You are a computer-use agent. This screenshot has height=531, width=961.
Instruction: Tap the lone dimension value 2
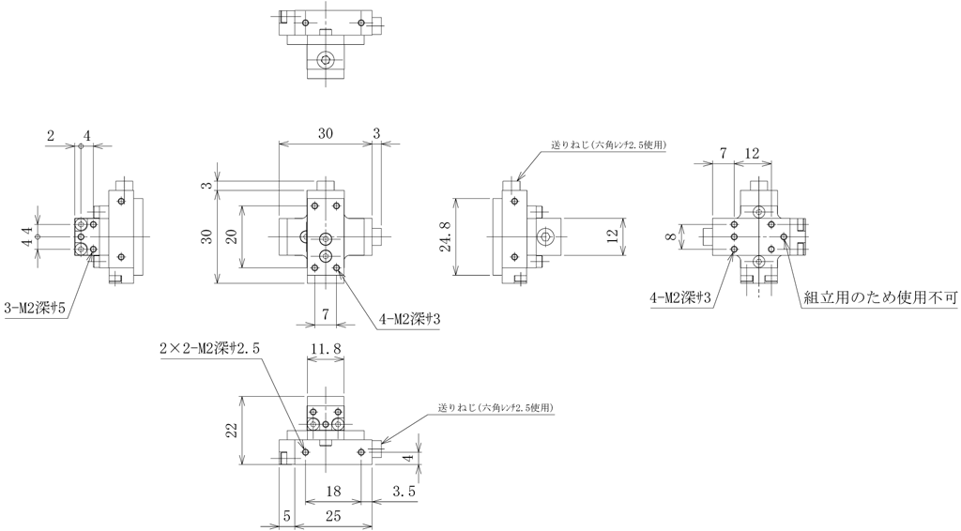[x=51, y=136]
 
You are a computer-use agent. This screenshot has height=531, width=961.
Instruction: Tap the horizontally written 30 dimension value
[x=324, y=134]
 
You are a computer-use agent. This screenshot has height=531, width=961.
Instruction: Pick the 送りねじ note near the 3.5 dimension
[x=496, y=409]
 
